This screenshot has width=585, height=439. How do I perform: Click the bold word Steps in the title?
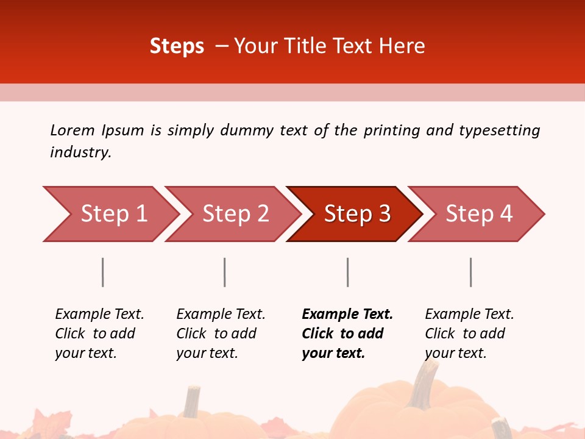(177, 46)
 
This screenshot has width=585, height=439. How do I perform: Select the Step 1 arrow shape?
(110, 214)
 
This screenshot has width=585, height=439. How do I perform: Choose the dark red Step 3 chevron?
(356, 214)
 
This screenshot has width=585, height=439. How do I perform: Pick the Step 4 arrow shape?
(478, 214)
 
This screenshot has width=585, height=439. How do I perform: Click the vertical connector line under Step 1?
(103, 272)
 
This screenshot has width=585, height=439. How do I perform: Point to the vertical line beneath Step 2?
(225, 272)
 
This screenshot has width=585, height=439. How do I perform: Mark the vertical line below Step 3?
(348, 272)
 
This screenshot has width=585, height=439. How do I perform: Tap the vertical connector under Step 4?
(471, 272)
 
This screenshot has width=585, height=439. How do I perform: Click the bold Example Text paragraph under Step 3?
(347, 334)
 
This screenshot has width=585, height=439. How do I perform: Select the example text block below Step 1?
(99, 334)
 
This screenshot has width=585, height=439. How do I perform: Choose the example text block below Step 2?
(221, 334)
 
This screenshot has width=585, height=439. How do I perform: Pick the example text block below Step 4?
(469, 334)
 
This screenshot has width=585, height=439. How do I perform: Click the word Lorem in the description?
(72, 130)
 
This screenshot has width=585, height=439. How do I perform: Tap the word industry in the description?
(80, 152)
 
